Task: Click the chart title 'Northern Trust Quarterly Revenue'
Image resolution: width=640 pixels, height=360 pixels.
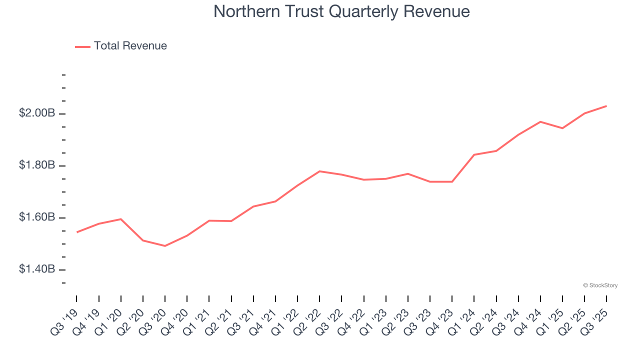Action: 341,11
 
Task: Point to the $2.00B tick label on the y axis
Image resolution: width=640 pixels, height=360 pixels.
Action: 37,113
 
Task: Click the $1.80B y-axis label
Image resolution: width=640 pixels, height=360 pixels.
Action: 37,165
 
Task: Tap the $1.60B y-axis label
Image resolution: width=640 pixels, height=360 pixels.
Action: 37,217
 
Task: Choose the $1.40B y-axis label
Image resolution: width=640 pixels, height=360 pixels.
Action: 37,269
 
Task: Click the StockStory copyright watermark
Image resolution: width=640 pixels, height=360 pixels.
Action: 600,285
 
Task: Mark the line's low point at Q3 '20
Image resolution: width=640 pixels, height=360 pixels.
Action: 165,246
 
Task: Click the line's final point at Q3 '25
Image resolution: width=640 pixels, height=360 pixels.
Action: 606,106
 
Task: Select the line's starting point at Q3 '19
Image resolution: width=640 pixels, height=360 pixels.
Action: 76,232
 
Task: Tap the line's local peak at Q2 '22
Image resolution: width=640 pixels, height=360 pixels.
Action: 319,171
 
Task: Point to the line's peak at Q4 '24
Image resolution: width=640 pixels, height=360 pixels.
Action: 540,121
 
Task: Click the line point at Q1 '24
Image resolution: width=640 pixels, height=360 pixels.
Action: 474,154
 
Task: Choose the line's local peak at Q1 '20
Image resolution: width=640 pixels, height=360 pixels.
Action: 121,219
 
